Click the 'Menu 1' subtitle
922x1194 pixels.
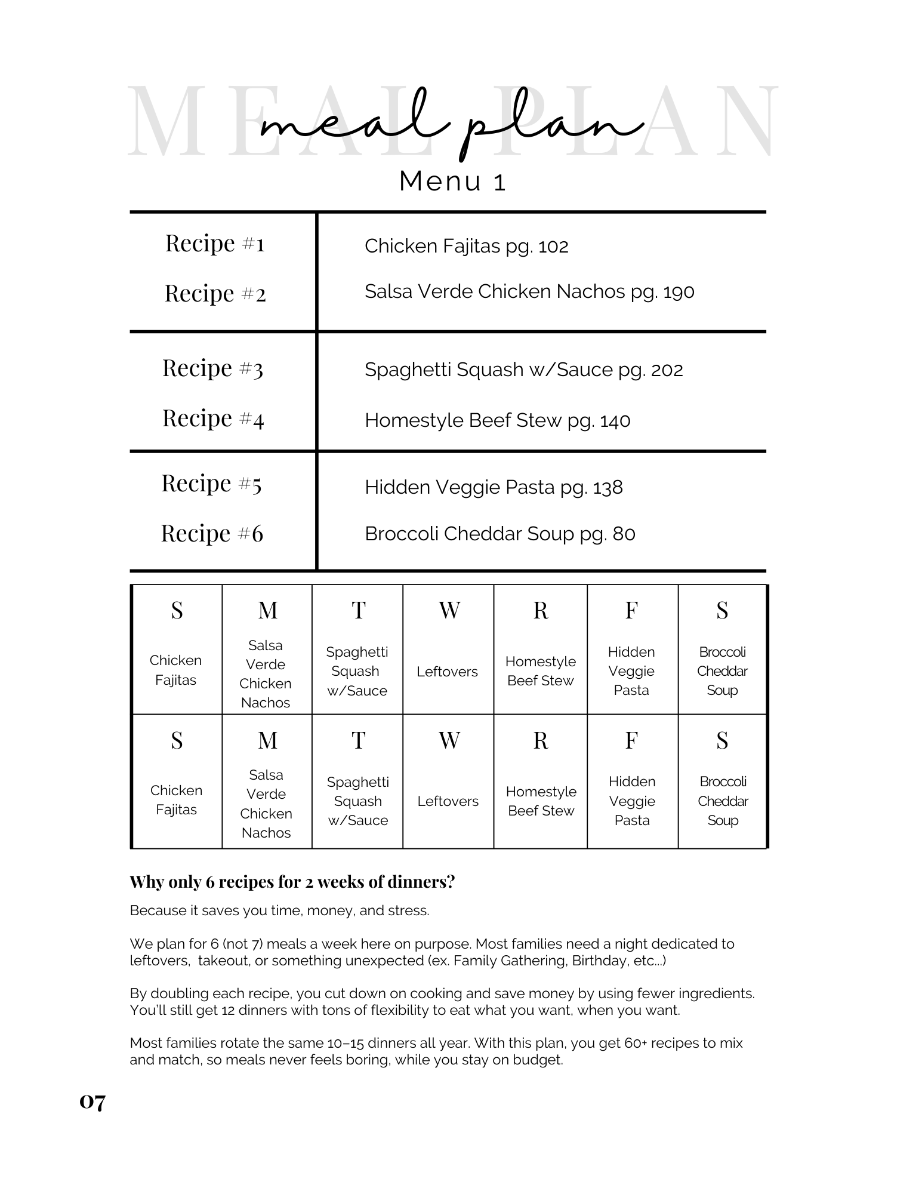452,181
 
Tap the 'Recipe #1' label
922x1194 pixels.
215,244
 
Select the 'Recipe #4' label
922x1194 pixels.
213,418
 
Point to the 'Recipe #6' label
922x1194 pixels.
212,533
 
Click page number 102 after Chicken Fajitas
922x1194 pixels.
553,247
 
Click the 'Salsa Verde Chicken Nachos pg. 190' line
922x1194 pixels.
529,292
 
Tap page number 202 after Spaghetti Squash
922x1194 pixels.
667,370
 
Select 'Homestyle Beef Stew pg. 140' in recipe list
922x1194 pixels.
497,421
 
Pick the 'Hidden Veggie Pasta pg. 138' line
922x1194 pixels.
494,488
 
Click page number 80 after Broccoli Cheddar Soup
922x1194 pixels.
624,534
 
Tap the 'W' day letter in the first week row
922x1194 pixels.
449,610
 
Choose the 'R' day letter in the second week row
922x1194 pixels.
540,740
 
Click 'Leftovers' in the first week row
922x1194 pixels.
447,672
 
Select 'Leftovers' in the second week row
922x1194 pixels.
448,801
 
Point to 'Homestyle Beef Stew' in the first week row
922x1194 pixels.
540,671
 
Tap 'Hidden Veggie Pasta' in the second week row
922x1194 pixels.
631,801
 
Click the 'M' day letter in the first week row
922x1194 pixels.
267,610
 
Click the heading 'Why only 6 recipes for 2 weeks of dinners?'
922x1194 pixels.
292,882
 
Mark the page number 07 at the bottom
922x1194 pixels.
92,1101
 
